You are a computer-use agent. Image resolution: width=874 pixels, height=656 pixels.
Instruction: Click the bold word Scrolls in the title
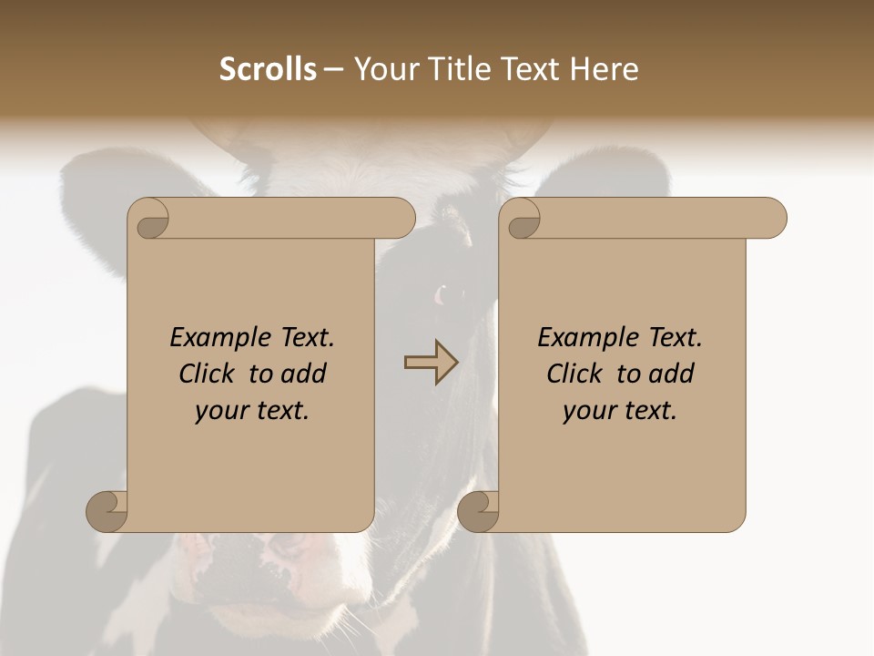268,69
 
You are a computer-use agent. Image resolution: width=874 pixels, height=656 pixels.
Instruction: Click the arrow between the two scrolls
431,362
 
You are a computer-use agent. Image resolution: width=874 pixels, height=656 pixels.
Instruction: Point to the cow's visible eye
448,294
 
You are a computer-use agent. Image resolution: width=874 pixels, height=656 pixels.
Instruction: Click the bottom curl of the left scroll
107,511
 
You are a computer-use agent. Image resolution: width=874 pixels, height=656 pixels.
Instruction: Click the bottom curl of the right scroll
479,511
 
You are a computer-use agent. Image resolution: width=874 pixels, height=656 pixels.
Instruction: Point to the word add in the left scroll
305,374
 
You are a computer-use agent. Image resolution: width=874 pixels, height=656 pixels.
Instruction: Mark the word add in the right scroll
673,374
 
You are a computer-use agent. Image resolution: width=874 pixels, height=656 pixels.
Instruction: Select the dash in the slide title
333,69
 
